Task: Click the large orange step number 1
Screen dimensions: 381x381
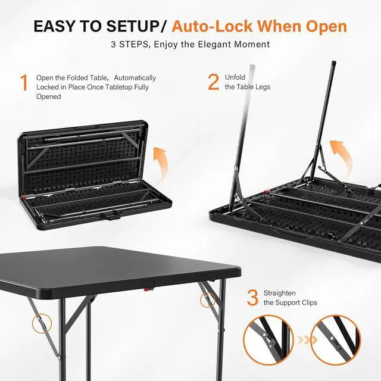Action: (x=24, y=83)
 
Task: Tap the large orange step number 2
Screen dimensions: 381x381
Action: (x=214, y=82)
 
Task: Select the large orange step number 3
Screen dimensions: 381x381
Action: (x=252, y=298)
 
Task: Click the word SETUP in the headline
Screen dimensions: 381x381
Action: (x=133, y=26)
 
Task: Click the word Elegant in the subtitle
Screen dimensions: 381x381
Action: (x=214, y=45)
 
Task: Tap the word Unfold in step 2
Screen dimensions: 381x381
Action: (x=235, y=77)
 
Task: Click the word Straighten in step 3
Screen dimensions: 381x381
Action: (x=280, y=293)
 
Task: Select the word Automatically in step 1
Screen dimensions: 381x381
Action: (x=135, y=78)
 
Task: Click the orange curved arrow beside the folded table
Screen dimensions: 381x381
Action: (x=160, y=164)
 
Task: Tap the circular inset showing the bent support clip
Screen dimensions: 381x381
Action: (x=268, y=340)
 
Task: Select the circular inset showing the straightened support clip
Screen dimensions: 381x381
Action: (x=336, y=340)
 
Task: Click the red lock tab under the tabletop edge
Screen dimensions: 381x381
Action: (x=147, y=289)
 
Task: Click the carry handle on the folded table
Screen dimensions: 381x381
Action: (x=111, y=216)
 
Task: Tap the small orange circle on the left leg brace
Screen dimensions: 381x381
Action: (x=42, y=324)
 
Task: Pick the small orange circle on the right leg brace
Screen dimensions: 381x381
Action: (x=208, y=300)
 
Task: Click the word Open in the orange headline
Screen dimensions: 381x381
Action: (x=326, y=27)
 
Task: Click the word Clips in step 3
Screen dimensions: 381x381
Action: (x=309, y=303)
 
